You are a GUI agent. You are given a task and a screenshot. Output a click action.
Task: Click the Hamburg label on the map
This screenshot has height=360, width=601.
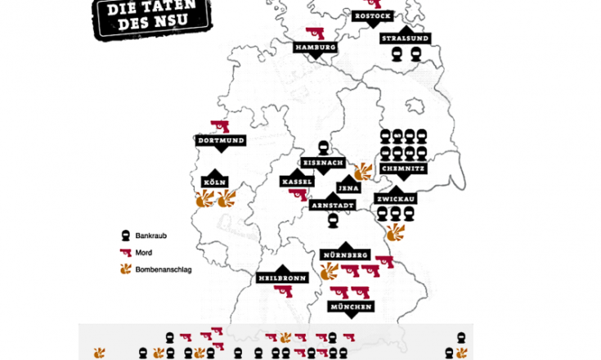pos(316,48)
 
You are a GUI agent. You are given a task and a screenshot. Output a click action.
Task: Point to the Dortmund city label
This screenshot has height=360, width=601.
pos(222,141)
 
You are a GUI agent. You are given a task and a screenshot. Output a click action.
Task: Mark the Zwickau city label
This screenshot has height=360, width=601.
pos(396,199)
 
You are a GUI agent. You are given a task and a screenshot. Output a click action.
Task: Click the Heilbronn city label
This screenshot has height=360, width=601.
pos(281,277)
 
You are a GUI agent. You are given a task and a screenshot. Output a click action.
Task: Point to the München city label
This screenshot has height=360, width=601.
pos(351,306)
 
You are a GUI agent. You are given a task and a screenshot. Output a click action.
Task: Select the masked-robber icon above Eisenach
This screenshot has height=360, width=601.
pos(325,148)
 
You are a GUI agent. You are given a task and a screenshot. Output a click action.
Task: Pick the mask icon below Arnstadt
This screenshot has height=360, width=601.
pos(333,221)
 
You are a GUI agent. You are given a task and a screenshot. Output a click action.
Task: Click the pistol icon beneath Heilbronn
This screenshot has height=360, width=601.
pos(284,291)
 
